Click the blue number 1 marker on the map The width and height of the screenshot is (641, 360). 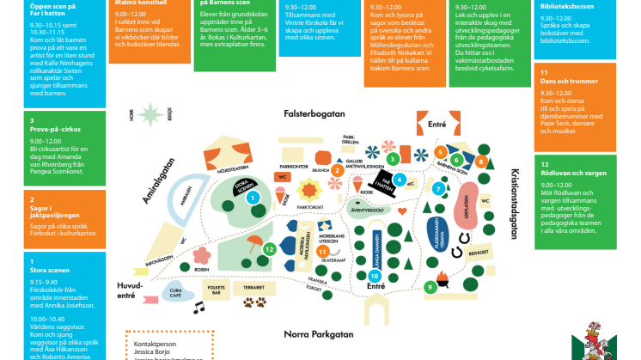253,197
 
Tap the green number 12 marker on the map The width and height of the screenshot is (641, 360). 270,249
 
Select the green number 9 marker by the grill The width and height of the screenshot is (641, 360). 429,286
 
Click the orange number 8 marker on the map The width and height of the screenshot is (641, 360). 482,161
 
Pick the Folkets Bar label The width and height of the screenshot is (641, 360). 217,290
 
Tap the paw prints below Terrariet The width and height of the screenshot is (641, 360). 255,302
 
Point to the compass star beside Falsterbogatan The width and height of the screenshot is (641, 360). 152,113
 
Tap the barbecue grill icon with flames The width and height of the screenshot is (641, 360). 443,277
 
